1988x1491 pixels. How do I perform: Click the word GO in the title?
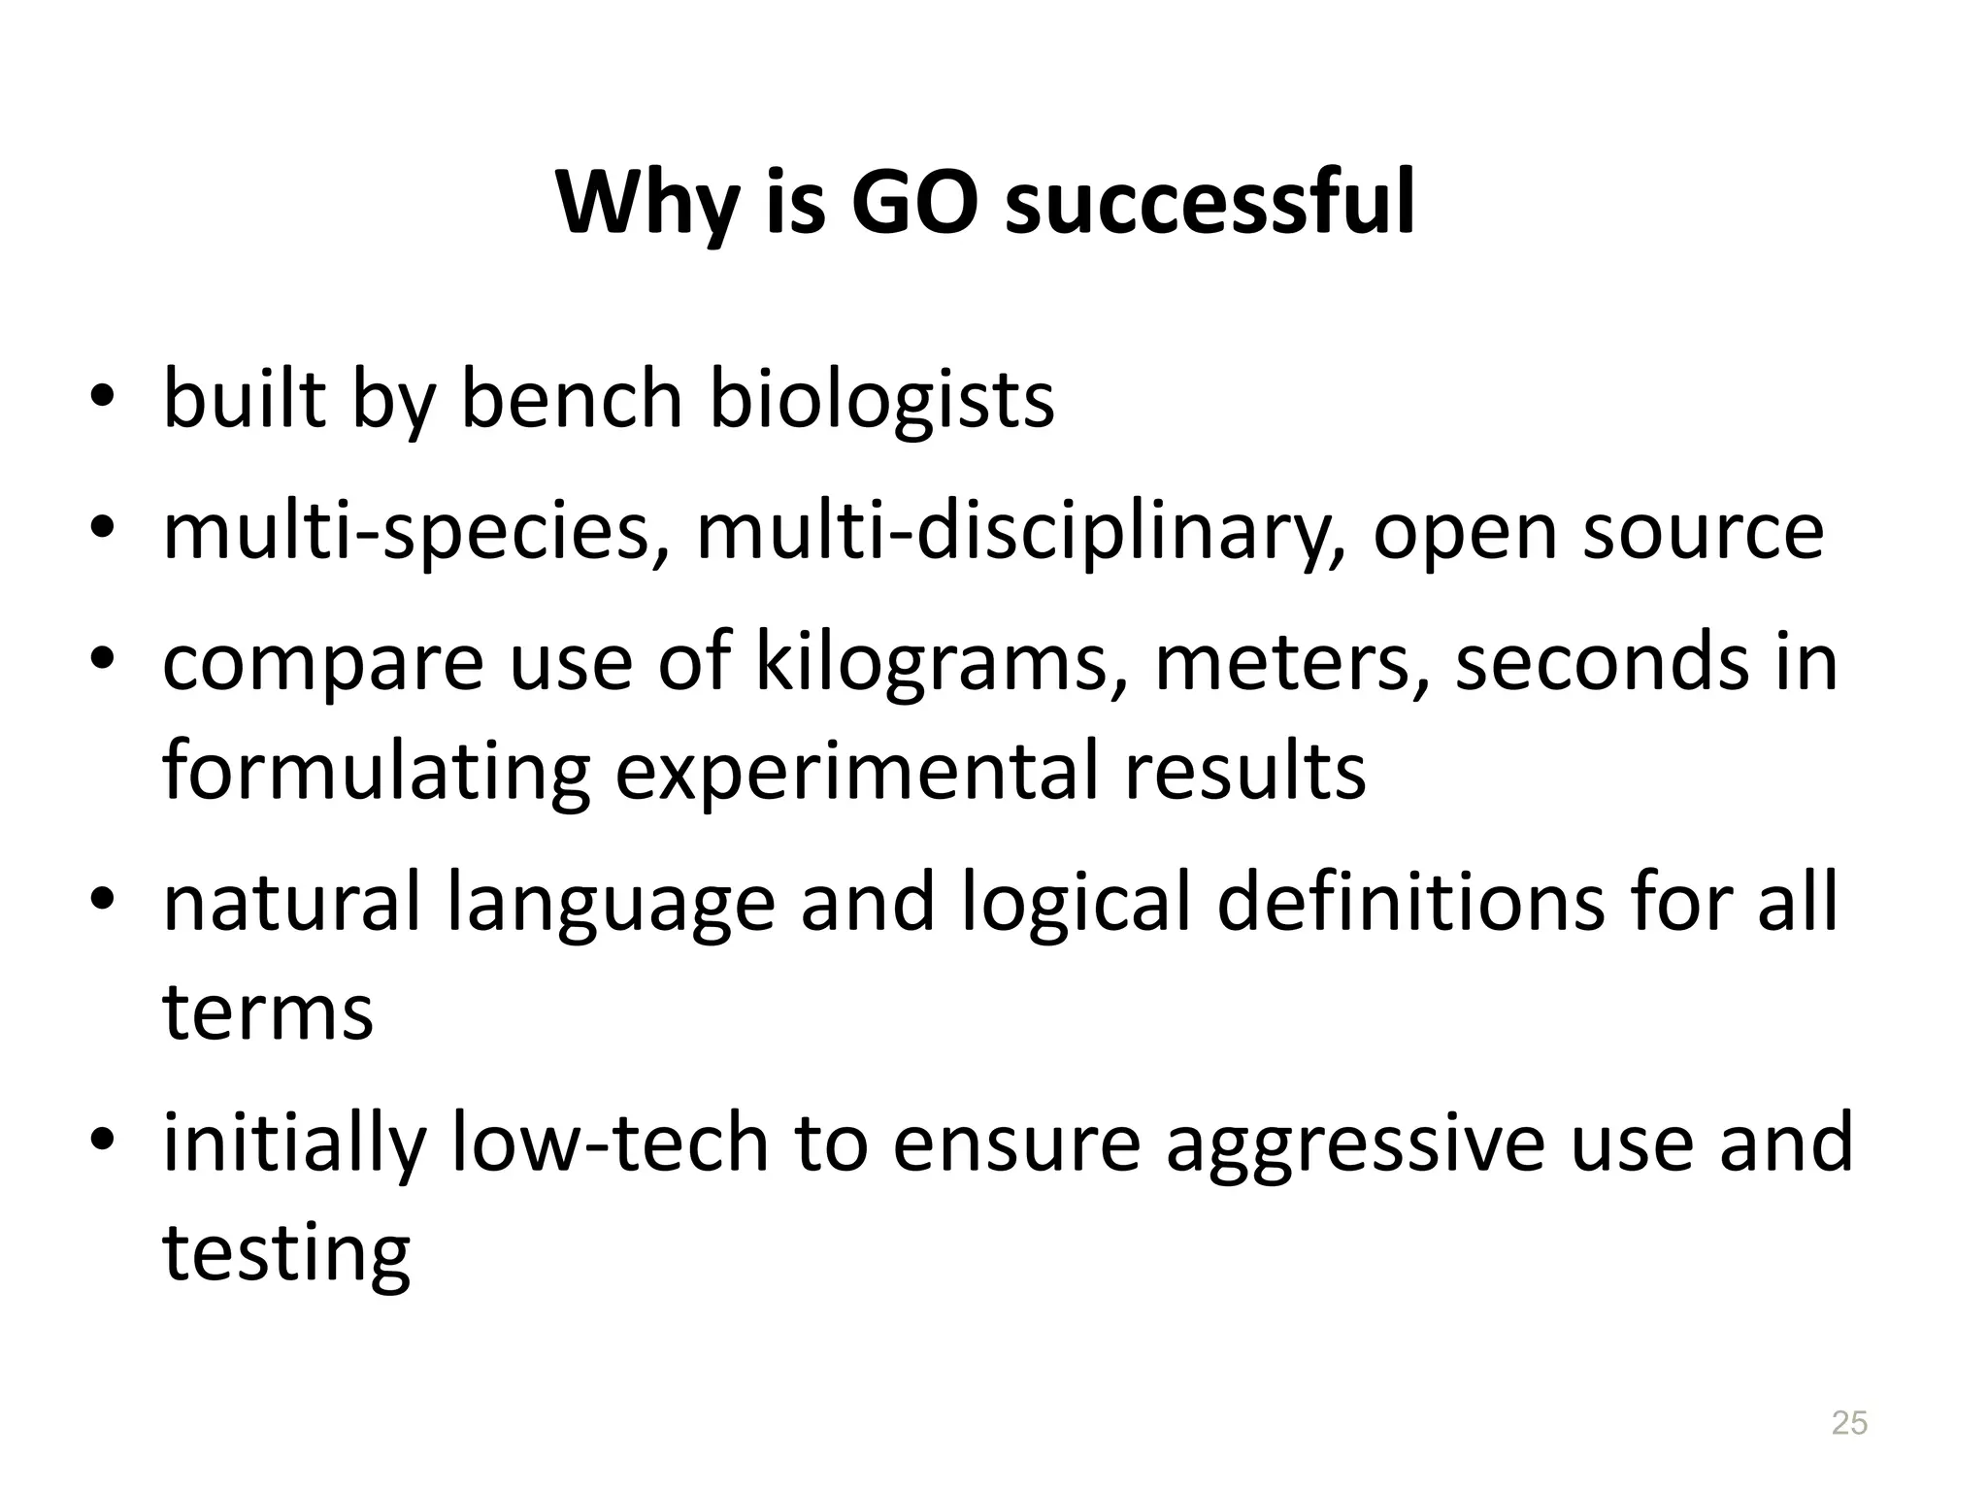(x=914, y=204)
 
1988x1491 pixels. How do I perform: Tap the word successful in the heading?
(x=1209, y=204)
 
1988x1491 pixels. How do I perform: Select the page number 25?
(x=1848, y=1422)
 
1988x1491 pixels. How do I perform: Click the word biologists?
(x=881, y=399)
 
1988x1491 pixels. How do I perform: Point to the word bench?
(x=572, y=399)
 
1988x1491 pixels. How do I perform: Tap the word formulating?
(x=377, y=772)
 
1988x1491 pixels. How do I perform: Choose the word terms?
(x=268, y=1011)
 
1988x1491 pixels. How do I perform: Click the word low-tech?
(x=611, y=1143)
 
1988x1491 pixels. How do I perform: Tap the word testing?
(x=286, y=1251)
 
